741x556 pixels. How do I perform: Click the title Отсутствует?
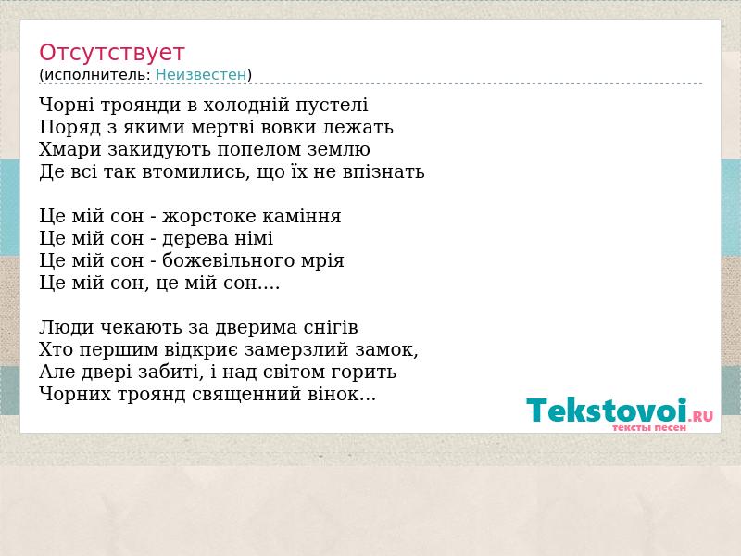pos(111,52)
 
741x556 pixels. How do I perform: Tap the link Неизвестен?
pos(201,75)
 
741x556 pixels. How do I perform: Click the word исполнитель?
pos(97,75)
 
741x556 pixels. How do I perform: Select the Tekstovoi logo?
pos(620,414)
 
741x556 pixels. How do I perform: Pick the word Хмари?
pos(70,149)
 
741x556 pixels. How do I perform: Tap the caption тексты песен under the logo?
pos(649,427)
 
